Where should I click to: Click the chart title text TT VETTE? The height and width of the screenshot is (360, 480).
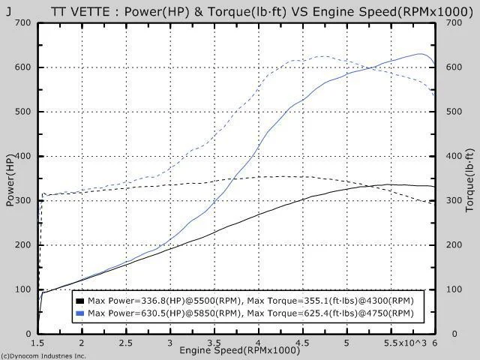tap(78, 11)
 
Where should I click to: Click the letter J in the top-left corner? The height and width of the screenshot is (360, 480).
tap(9, 11)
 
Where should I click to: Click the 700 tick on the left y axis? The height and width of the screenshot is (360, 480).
tap(22, 22)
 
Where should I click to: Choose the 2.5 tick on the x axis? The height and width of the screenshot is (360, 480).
tap(126, 341)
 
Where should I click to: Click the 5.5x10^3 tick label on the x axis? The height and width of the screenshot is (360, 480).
tap(405, 341)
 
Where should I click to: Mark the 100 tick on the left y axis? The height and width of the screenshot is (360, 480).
tap(22, 289)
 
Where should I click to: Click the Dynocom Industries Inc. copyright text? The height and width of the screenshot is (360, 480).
tap(43, 355)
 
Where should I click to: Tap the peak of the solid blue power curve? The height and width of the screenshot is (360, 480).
tap(421, 53)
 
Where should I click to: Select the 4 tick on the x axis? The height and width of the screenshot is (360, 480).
tap(259, 341)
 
